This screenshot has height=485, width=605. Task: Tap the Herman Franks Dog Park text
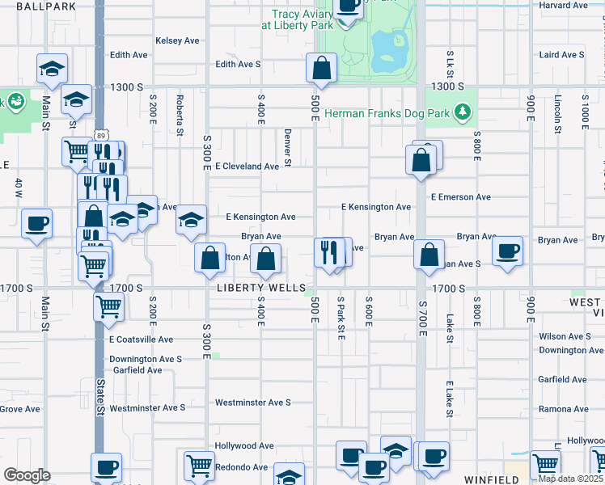(x=387, y=113)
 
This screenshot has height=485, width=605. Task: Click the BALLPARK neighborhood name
(x=38, y=6)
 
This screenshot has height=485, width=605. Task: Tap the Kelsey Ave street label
(x=177, y=40)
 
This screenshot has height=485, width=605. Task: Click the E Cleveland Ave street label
(x=247, y=167)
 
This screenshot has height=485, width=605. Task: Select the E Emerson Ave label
(x=461, y=197)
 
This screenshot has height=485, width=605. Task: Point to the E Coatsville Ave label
(x=142, y=339)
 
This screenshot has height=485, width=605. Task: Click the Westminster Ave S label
(x=252, y=403)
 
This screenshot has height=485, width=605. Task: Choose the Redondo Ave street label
(x=241, y=467)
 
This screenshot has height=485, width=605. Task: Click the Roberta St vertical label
(x=179, y=110)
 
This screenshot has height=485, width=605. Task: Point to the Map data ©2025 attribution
(x=570, y=478)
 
